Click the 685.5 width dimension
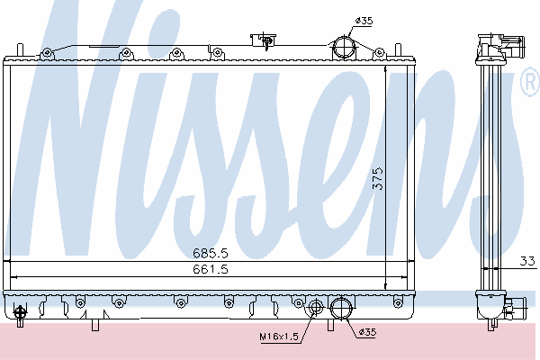[210, 253]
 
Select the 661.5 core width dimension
[210, 268]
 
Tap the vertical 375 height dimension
[378, 178]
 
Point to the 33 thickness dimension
[527, 261]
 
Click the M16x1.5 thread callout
[279, 337]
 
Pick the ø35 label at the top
[364, 21]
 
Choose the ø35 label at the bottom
[367, 332]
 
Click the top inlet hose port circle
[344, 47]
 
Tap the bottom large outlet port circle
[341, 308]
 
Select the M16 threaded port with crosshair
[315, 307]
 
